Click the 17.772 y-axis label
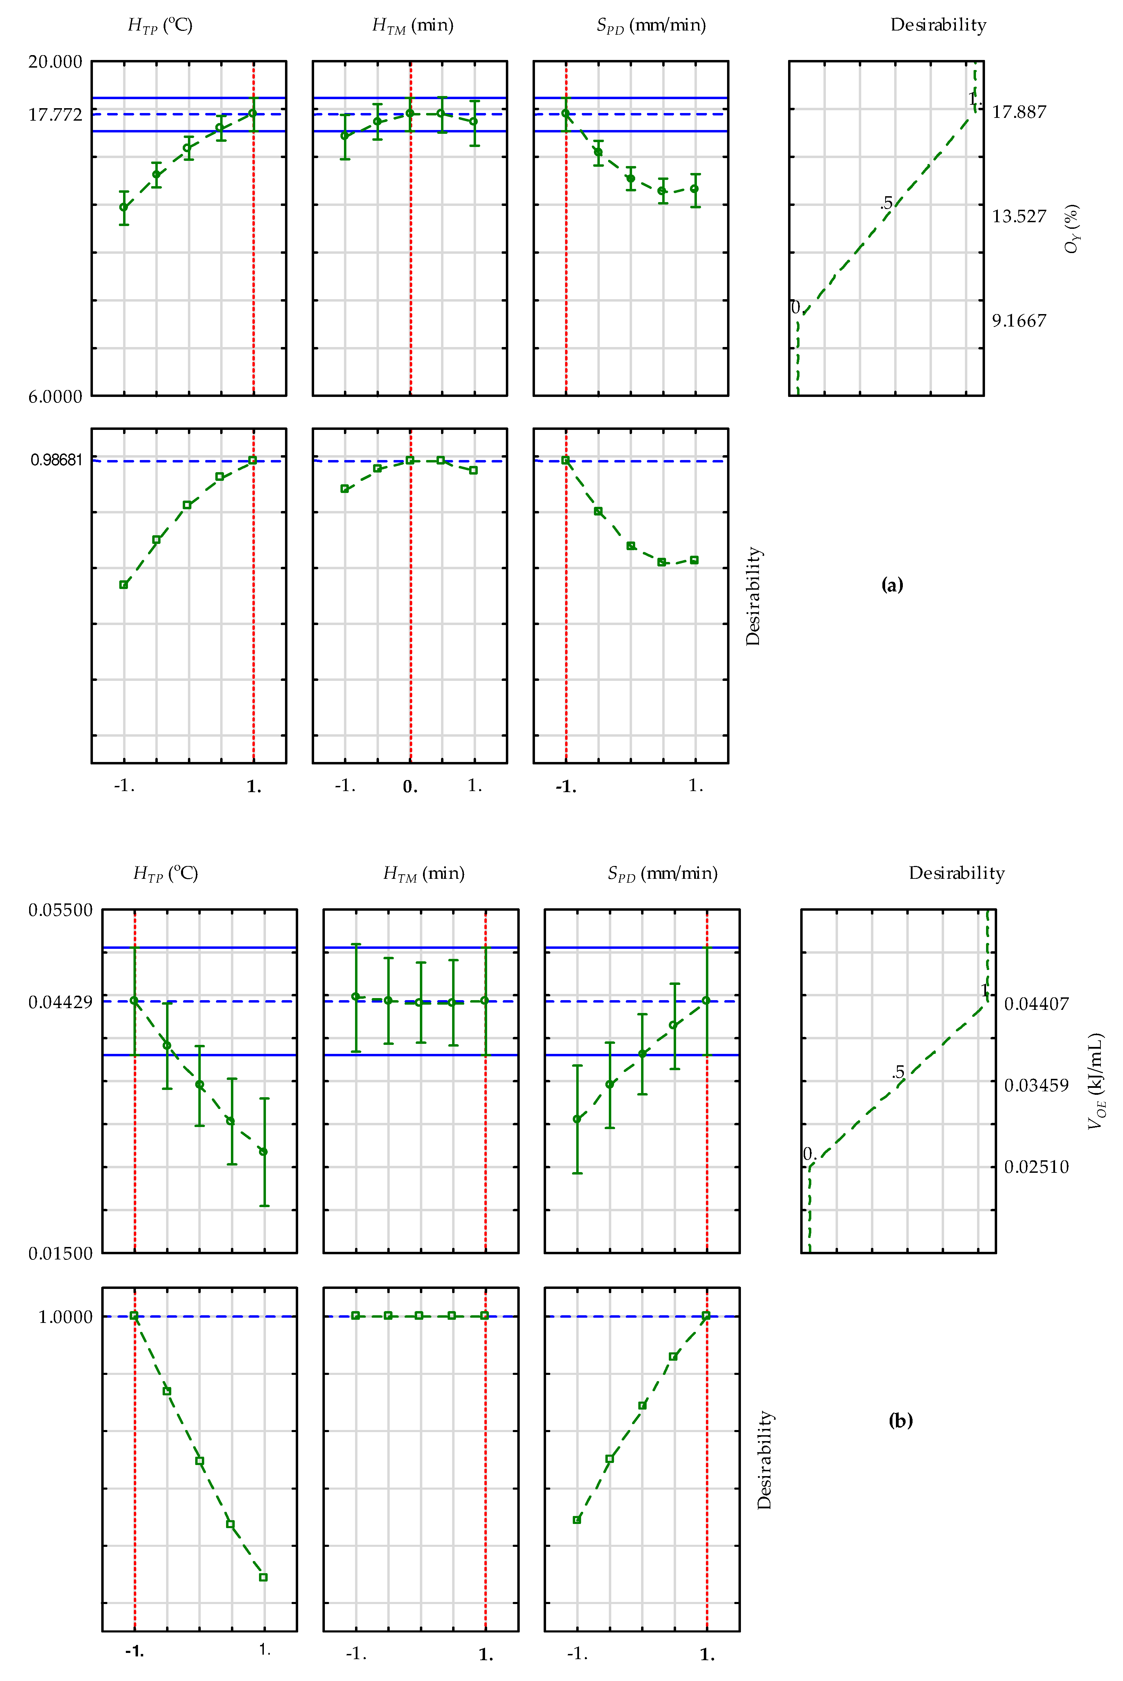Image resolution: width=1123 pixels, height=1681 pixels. click(x=55, y=114)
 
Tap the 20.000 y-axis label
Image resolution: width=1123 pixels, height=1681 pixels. click(x=55, y=62)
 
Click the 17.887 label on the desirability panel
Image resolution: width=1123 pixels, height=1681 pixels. click(x=1018, y=112)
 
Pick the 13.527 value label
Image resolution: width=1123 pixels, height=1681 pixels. click(x=1018, y=216)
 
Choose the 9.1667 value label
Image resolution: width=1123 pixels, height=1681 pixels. click(x=1018, y=321)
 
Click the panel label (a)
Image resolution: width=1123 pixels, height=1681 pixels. click(x=892, y=585)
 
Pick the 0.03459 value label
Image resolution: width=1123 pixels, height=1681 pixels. click(x=1036, y=1085)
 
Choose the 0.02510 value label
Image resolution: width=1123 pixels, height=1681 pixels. click(x=1036, y=1167)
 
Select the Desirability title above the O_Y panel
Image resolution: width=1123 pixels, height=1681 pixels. click(x=938, y=25)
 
